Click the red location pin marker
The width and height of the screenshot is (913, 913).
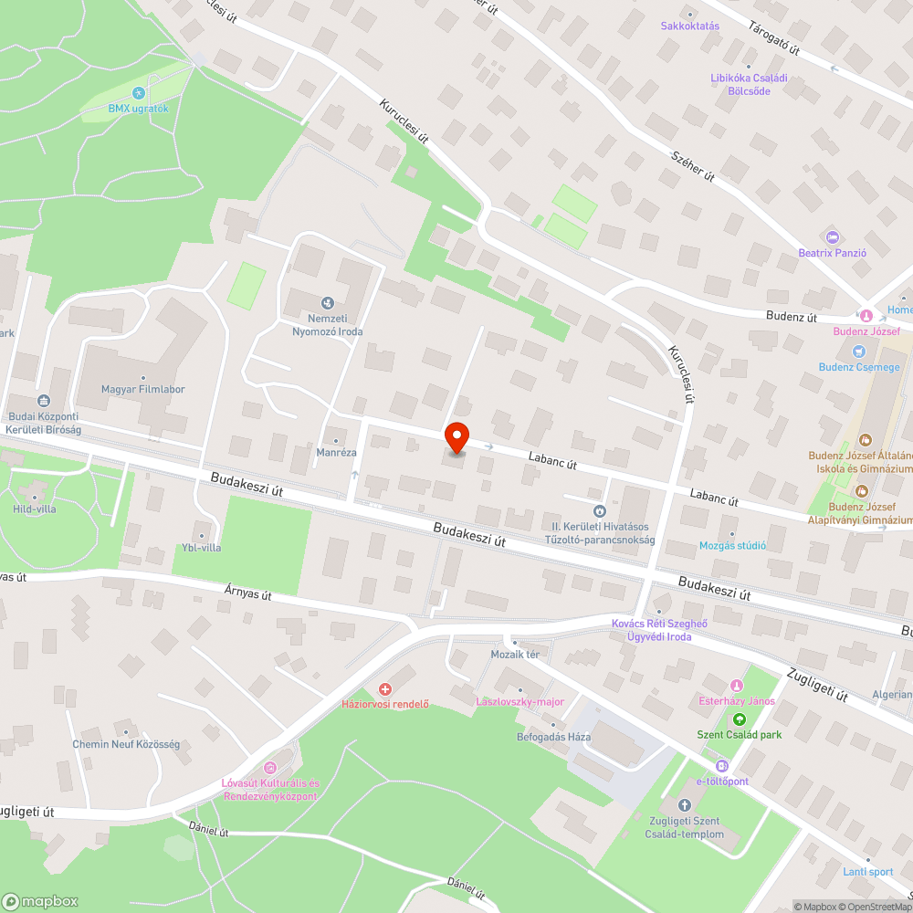[456, 437]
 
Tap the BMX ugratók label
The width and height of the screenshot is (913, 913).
[139, 109]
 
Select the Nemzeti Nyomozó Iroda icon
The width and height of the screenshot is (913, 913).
[327, 303]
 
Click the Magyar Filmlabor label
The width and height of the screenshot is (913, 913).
[143, 389]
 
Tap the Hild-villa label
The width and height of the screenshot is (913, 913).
[34, 509]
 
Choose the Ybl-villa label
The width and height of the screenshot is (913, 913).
[201, 547]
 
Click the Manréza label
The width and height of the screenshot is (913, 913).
[335, 452]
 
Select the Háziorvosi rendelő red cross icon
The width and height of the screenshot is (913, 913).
[385, 688]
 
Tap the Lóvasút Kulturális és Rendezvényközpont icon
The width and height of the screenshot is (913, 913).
[269, 769]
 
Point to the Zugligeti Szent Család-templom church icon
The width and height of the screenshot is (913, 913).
[686, 805]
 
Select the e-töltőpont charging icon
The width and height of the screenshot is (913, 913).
[723, 766]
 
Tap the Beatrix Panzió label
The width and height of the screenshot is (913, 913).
[832, 252]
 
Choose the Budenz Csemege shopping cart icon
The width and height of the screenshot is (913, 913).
[857, 352]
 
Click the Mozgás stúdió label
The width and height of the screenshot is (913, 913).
[731, 545]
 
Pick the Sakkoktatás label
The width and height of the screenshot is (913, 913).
[690, 26]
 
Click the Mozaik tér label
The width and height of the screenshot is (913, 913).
[516, 655]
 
